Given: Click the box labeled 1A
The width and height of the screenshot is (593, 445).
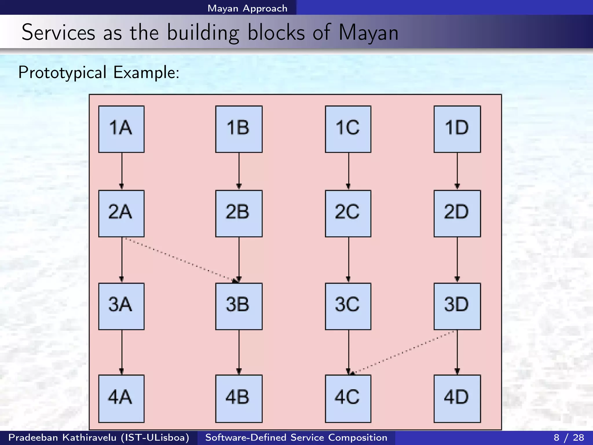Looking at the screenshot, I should point(121,129).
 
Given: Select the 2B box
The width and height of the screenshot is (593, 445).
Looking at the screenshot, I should point(239,214).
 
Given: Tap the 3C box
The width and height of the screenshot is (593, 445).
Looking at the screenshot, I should point(348,306).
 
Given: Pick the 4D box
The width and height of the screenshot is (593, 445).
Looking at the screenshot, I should point(457,399).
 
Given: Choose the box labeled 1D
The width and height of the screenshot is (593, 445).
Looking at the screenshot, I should point(457,129).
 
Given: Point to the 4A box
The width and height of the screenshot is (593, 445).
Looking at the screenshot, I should point(121,399).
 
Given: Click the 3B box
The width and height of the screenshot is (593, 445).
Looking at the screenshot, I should point(239,306).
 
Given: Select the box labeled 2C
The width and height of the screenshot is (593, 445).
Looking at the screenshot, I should point(348,214).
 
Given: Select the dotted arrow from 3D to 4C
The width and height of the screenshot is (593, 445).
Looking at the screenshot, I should point(402,352).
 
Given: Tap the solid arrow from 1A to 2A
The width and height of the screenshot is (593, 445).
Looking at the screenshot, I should point(122,171).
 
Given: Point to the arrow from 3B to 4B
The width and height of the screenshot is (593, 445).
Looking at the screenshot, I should point(239,352).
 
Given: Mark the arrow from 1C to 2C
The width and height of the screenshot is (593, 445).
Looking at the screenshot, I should point(349,171).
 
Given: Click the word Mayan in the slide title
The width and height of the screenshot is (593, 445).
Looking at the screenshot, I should point(368,32).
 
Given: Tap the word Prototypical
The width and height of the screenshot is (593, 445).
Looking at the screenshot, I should point(62,72).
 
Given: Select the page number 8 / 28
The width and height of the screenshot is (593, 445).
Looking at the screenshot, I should point(569,437).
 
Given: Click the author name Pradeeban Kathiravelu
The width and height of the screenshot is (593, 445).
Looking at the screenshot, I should point(62,437).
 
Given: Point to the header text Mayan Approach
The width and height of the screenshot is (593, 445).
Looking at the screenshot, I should point(247,8).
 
